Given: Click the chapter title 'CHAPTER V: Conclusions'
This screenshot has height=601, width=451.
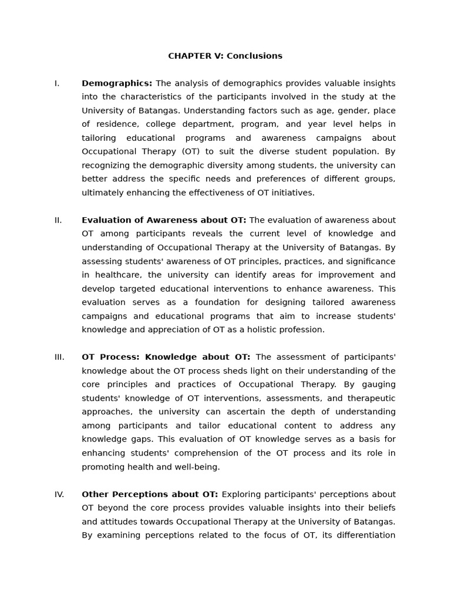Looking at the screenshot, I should click(225, 56).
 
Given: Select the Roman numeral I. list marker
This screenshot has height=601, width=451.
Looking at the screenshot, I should click(57, 83).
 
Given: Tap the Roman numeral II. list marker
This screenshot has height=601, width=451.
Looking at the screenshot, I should click(58, 221).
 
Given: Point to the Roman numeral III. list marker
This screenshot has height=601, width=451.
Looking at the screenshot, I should click(59, 357).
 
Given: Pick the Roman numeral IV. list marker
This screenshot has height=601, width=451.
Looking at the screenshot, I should click(59, 495).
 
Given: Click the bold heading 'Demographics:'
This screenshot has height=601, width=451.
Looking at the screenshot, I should click(117, 83).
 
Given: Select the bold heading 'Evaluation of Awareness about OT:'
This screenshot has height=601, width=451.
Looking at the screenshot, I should click(164, 221).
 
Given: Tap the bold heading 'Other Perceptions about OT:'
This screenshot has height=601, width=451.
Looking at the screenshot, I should click(150, 495).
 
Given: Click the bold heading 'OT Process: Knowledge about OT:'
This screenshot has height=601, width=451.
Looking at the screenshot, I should click(166, 357).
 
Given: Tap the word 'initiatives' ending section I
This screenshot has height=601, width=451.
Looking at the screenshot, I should click(292, 193).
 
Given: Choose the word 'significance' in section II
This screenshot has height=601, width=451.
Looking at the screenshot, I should click(371, 262).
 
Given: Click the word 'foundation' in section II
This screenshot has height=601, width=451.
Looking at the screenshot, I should click(181, 303).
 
